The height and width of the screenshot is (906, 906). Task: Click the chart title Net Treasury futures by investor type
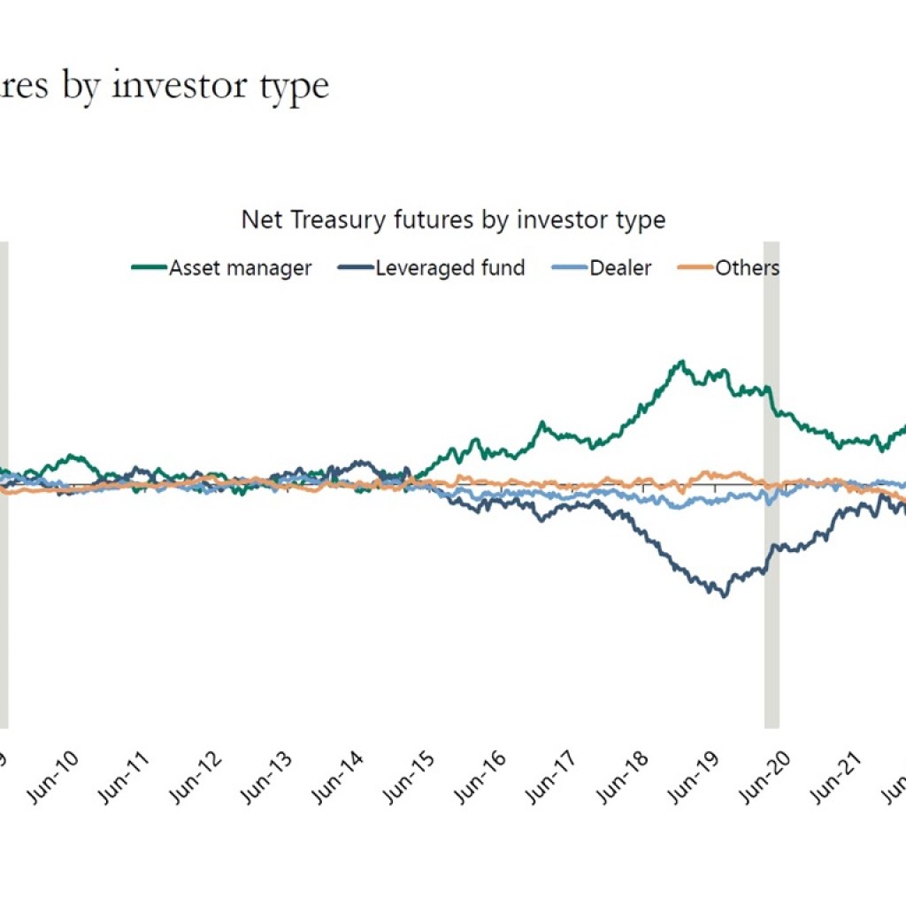tap(453, 219)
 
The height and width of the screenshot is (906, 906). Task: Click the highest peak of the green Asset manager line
tap(681, 361)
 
